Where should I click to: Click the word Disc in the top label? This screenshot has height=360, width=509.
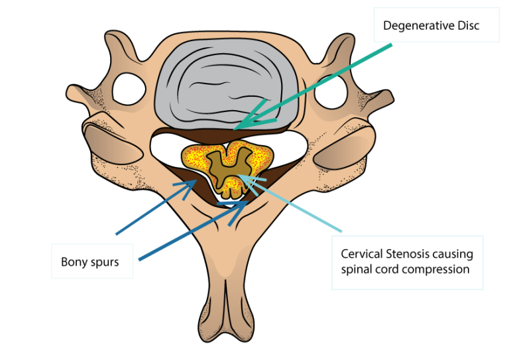pos(467,26)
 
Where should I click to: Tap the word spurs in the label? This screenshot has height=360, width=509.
pos(103,263)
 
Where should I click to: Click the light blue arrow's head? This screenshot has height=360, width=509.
pos(242,177)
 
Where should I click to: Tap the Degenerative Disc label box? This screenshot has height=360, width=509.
pos(435,25)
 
